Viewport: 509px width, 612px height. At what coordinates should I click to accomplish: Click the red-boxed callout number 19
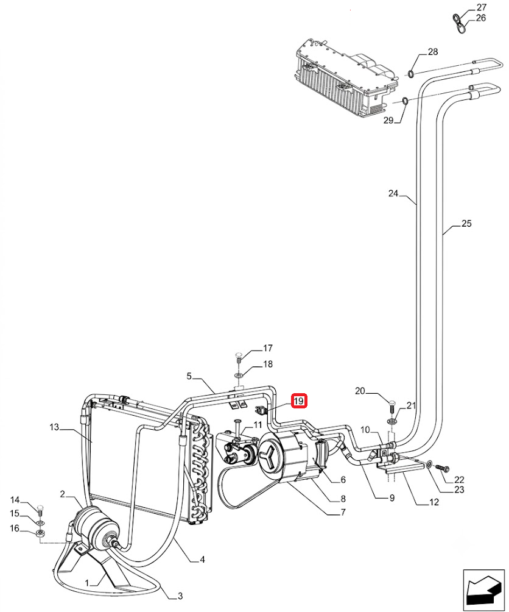coord(299,401)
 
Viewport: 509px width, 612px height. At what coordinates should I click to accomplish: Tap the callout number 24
coord(393,193)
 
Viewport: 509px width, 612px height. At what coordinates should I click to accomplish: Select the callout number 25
coord(466,224)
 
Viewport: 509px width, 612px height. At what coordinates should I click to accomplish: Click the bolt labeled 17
coord(239,357)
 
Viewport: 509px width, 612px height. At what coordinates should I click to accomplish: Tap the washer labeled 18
coord(239,375)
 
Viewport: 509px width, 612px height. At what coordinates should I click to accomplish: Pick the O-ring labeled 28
coord(411,73)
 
